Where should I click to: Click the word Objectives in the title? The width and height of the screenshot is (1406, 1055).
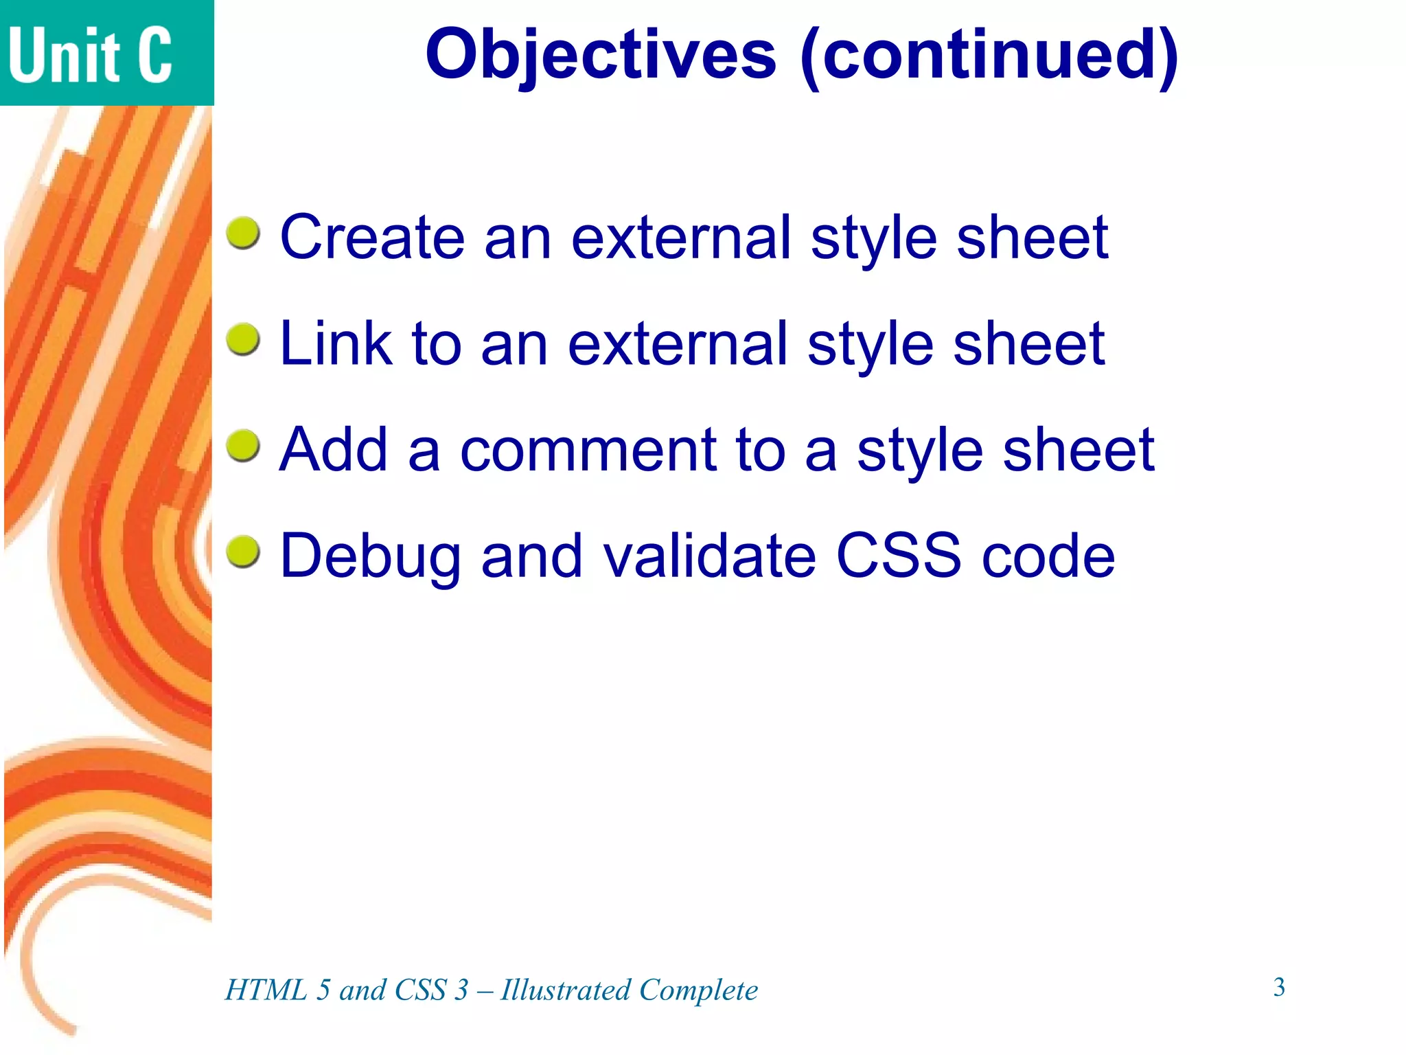[600, 55]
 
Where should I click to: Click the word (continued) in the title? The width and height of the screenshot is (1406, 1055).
[989, 55]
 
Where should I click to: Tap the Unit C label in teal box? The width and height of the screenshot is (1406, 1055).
[90, 55]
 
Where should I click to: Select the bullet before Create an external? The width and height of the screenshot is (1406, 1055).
[243, 234]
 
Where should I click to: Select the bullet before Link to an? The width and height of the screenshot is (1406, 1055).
[243, 340]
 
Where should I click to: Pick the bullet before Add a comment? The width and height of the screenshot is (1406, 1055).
[243, 446]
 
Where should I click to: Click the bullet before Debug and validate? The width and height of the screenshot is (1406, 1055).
[243, 553]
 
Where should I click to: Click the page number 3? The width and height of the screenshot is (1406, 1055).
[1279, 987]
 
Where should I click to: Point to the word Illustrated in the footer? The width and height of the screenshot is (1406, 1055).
[566, 990]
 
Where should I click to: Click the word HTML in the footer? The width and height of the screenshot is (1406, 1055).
[266, 990]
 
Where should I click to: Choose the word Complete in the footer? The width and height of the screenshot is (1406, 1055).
[698, 990]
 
